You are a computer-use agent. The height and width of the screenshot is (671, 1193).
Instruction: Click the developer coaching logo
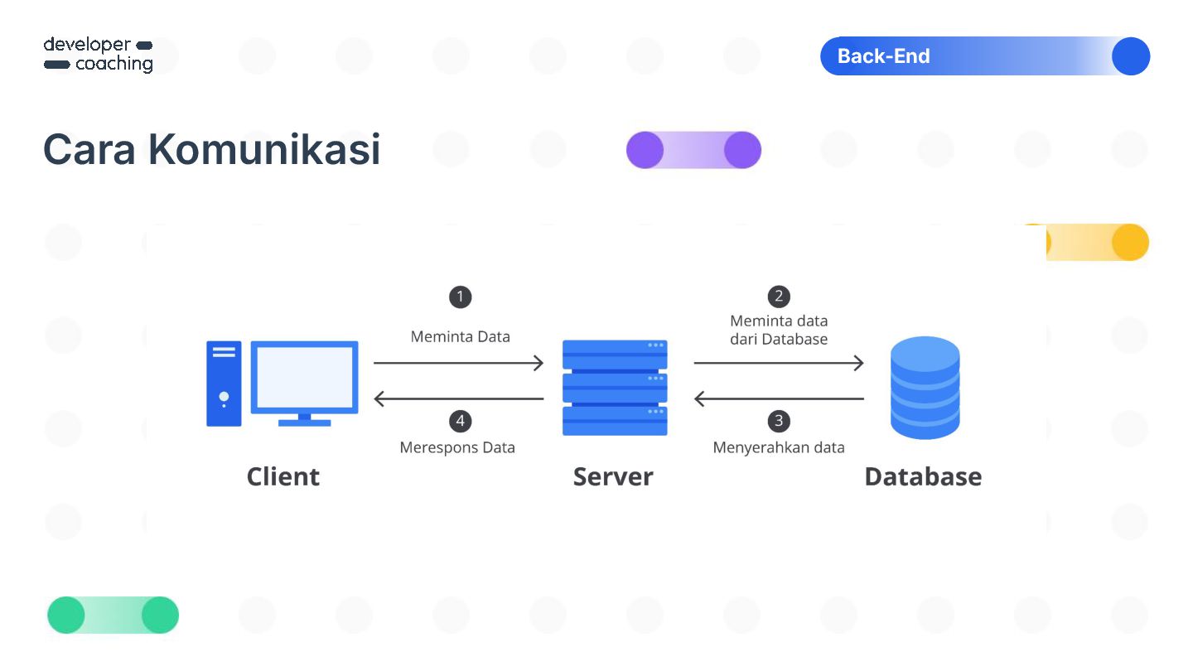click(x=98, y=55)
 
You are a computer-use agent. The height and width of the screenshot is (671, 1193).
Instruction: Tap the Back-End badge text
click(x=883, y=56)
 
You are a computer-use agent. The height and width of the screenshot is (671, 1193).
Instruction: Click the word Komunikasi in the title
click(x=264, y=150)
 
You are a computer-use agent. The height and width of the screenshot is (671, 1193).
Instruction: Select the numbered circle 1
click(x=460, y=297)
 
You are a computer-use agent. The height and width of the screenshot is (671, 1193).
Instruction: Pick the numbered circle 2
click(x=778, y=297)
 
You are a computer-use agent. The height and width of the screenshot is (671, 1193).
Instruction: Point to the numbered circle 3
click(x=778, y=421)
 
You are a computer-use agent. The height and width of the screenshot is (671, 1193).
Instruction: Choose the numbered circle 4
click(x=460, y=421)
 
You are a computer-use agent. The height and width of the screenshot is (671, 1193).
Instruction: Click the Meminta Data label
click(x=460, y=336)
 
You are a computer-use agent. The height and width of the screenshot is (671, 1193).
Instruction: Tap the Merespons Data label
click(x=457, y=447)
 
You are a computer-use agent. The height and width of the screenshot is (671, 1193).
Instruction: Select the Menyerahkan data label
click(x=779, y=447)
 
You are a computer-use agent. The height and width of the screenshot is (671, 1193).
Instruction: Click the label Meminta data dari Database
click(x=779, y=330)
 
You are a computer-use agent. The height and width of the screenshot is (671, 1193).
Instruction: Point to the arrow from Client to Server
click(x=458, y=363)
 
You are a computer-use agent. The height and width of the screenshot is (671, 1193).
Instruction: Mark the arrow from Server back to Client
click(x=458, y=399)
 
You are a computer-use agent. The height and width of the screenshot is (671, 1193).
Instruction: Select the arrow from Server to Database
click(x=779, y=363)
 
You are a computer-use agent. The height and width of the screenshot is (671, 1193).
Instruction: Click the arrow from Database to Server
click(x=779, y=399)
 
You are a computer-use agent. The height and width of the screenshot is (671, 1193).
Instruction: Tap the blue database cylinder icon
click(x=925, y=387)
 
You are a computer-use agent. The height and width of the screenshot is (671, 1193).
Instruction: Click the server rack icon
click(x=615, y=387)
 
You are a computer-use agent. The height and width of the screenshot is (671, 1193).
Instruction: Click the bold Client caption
click(x=283, y=476)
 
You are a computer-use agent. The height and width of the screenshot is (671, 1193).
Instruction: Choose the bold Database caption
click(x=923, y=476)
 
